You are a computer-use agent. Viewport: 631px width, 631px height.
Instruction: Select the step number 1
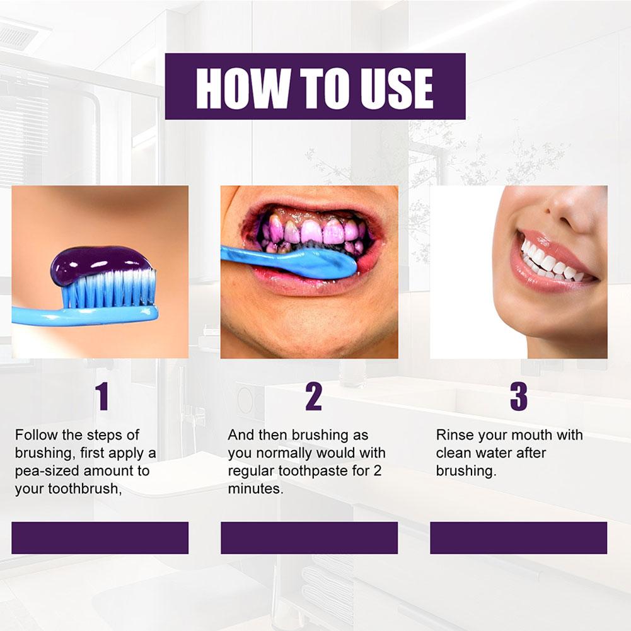click(x=102, y=397)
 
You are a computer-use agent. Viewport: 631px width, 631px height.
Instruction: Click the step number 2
click(x=313, y=397)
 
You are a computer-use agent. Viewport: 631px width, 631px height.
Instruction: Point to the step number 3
click(x=519, y=397)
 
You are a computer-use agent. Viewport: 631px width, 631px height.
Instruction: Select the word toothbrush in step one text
click(x=83, y=489)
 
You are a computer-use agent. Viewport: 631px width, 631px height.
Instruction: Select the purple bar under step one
click(x=100, y=538)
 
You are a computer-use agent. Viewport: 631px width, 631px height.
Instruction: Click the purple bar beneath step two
click(x=309, y=538)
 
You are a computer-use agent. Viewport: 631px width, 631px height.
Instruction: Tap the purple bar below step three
click(x=518, y=538)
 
